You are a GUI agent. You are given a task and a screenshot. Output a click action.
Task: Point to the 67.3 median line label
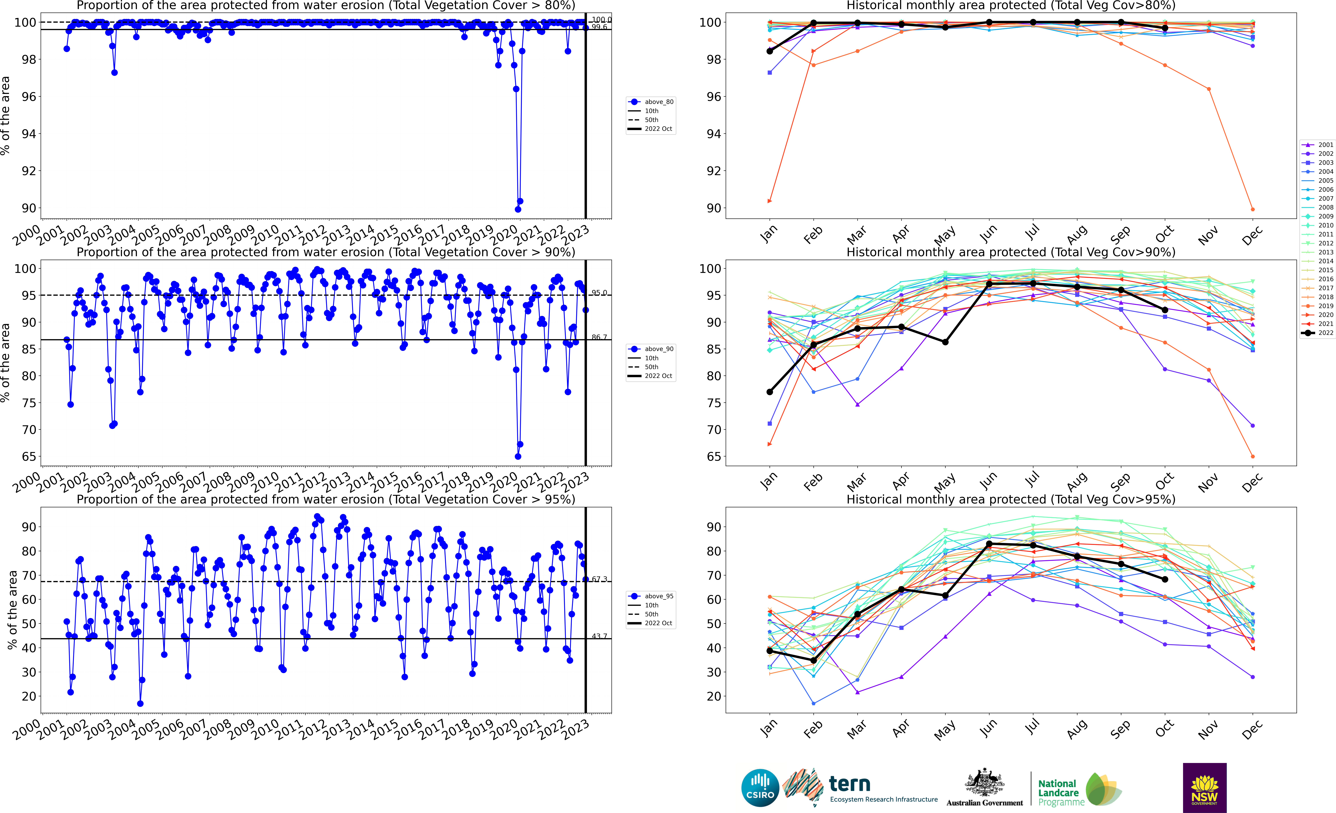coord(599,579)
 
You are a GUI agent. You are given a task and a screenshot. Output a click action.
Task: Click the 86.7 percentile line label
coord(599,337)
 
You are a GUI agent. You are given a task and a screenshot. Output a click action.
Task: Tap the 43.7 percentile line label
coord(599,636)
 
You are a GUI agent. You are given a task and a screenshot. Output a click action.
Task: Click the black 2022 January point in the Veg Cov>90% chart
coord(769,392)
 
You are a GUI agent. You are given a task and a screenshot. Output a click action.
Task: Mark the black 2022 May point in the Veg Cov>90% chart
coord(945,342)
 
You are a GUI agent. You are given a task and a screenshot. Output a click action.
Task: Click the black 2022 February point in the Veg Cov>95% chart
coord(813,660)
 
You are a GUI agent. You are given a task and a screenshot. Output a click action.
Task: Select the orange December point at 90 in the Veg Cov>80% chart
coord(1252,209)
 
